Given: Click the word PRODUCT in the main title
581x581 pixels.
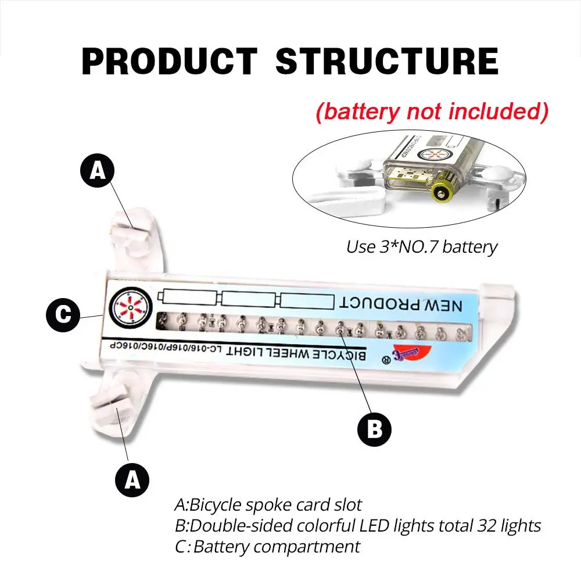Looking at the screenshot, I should pos(169,60).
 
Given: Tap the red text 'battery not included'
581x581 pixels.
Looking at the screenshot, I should pos(432,112).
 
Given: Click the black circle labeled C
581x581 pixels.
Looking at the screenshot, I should pos(63,316).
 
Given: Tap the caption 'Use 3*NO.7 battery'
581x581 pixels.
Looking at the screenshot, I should pos(422,246).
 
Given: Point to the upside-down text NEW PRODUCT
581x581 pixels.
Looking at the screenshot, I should pos(401,303).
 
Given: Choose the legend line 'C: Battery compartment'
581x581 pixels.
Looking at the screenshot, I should pos(267,547).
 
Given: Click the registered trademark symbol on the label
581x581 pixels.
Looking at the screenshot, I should pos(384,360).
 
